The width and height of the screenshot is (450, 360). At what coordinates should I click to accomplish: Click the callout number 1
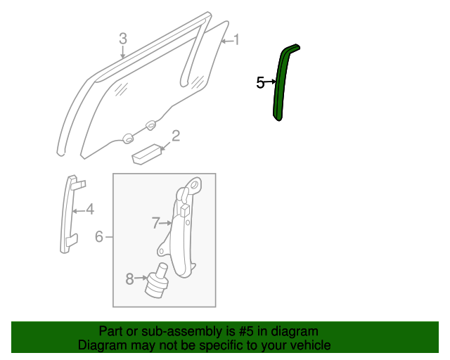click(x=236, y=40)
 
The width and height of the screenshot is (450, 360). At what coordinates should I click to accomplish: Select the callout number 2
click(x=176, y=135)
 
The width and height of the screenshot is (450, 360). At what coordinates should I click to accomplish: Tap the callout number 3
click(x=122, y=38)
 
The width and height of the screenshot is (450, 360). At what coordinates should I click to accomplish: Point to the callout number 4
click(x=89, y=209)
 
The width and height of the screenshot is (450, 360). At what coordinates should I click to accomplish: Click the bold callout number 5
click(x=260, y=83)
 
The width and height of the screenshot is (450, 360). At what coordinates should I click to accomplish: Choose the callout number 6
click(x=99, y=237)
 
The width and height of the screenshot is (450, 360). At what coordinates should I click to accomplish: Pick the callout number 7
click(x=156, y=224)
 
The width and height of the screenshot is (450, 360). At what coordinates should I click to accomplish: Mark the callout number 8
click(x=129, y=279)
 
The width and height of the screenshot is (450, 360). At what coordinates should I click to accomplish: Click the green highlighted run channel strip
click(x=283, y=84)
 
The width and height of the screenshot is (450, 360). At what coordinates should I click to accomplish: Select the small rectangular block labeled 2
click(x=146, y=153)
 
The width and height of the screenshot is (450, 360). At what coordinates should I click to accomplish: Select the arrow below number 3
click(x=122, y=51)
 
